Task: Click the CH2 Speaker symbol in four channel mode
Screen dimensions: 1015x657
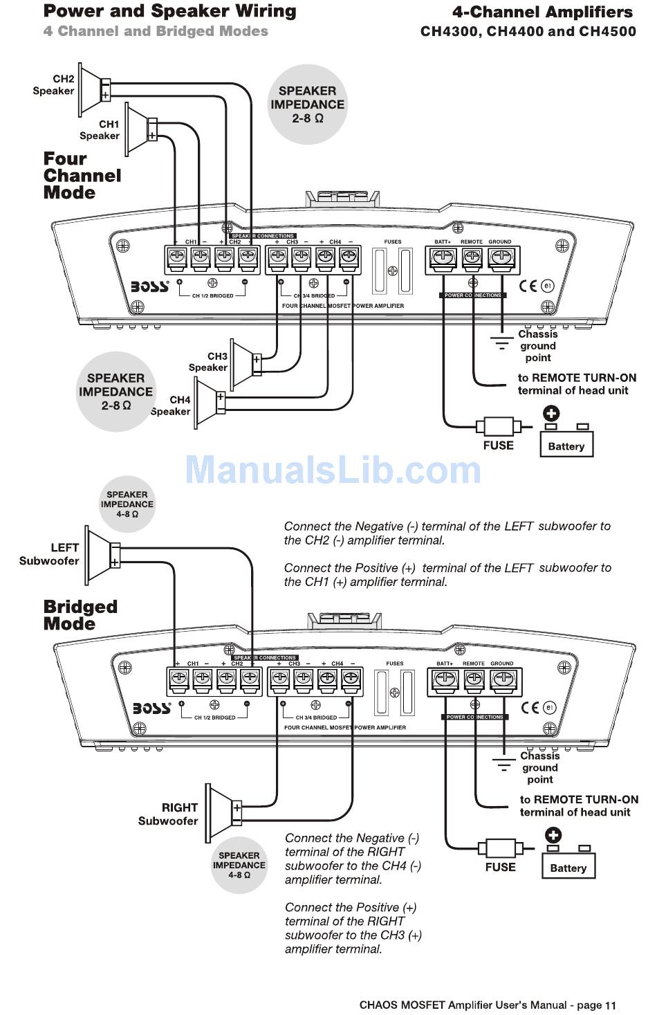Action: [93, 90]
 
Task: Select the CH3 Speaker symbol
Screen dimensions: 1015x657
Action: [245, 363]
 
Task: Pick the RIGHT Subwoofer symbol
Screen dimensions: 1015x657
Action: [223, 813]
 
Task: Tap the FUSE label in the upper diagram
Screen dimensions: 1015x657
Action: [498, 446]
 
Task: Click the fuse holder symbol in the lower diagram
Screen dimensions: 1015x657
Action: [501, 848]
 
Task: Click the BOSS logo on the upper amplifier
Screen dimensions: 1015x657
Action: [150, 286]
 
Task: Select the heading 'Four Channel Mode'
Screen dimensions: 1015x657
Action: [82, 176]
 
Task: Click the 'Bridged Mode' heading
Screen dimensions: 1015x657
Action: [80, 615]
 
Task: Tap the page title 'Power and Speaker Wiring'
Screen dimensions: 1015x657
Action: [169, 11]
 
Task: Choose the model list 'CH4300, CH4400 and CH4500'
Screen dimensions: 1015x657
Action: [528, 31]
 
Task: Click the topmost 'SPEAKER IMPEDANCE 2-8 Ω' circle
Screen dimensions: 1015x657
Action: [307, 104]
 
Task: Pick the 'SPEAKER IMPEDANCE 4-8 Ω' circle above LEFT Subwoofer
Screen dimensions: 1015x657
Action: [127, 504]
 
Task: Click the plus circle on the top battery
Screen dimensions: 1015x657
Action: [551, 414]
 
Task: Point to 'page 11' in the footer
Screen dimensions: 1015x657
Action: [596, 1005]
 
